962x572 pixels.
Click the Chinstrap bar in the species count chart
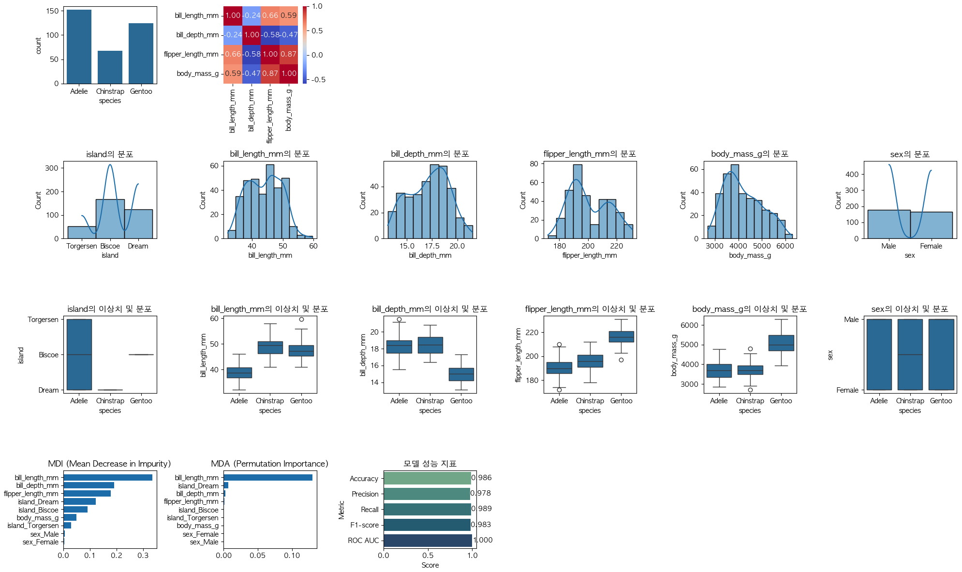[110, 67]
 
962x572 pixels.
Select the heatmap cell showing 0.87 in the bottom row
[270, 73]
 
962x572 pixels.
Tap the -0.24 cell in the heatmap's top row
[252, 15]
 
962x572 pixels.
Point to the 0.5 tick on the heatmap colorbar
[317, 31]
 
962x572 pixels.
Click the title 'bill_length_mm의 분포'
[270, 154]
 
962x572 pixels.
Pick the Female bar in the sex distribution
[931, 225]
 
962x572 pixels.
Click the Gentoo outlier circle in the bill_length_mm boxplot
[301, 319]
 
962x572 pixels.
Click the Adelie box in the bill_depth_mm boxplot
[399, 347]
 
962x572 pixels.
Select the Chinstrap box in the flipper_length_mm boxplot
[590, 361]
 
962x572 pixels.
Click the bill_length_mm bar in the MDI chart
[108, 478]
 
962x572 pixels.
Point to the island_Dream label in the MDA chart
[198, 486]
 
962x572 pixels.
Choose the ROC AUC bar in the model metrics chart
[428, 541]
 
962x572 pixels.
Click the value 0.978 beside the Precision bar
[481, 493]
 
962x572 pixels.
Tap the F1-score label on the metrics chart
[364, 525]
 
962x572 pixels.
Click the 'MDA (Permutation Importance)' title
[270, 464]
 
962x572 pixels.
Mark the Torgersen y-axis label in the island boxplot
[43, 320]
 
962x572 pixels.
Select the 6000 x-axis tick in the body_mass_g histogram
[785, 246]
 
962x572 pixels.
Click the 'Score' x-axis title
[430, 565]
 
